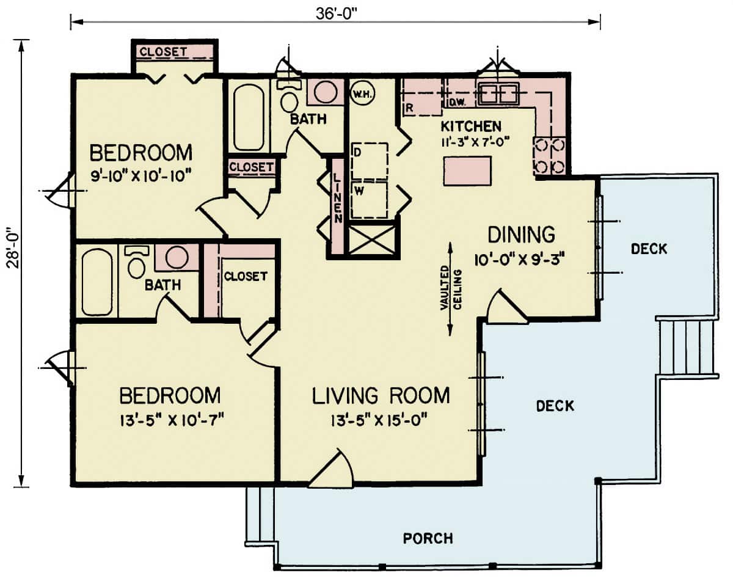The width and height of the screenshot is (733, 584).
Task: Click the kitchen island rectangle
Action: click(467, 170)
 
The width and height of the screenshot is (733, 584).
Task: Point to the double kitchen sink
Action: click(498, 93)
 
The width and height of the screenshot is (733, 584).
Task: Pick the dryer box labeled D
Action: click(370, 161)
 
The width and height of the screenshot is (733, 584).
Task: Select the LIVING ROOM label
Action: click(381, 396)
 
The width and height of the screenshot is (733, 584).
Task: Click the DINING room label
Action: click(521, 234)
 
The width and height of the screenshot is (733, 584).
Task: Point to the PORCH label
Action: click(428, 538)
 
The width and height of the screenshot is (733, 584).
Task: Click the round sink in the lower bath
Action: click(176, 257)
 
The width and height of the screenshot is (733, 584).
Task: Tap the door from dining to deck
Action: click(506, 309)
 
